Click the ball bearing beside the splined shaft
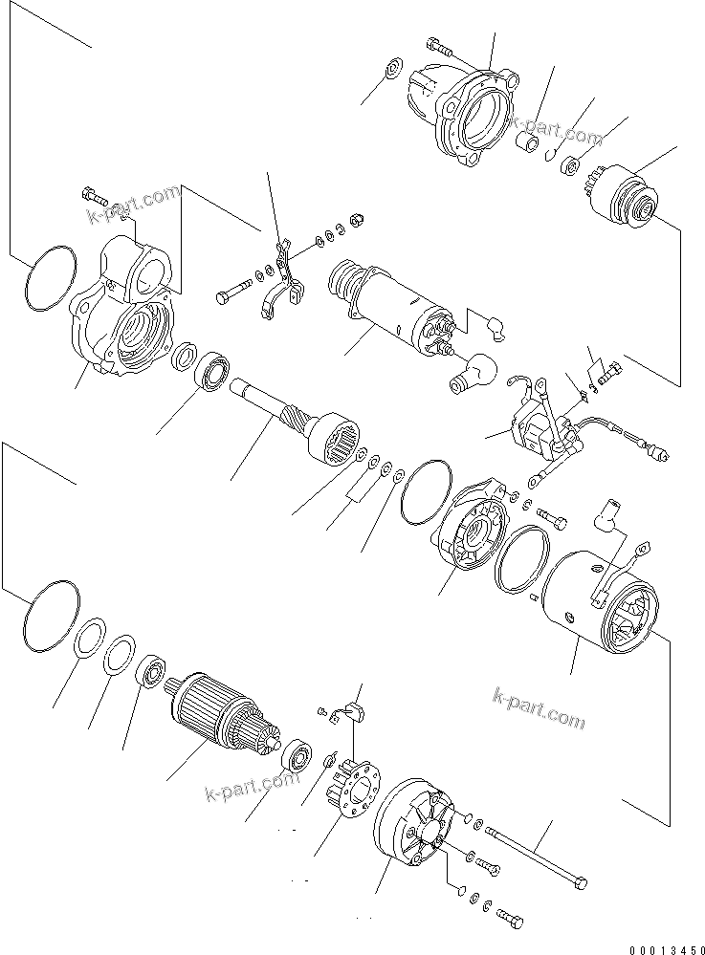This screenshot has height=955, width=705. (x=213, y=374)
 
